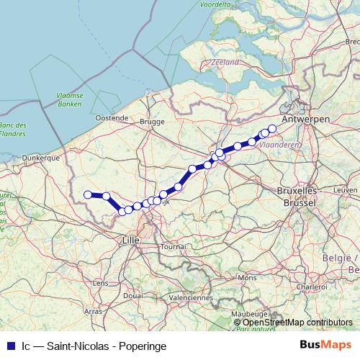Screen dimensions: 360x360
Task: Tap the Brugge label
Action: pos(153,122)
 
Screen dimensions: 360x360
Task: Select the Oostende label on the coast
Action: pos(112,117)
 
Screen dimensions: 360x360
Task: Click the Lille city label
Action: pos(131,239)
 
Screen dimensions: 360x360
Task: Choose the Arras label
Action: pos(93,311)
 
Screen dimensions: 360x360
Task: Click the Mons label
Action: pos(247,277)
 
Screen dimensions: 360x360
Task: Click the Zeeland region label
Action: pos(225,63)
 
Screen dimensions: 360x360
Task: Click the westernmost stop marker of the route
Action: pos(88,194)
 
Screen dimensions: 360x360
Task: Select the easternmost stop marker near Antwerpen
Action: pos(271,129)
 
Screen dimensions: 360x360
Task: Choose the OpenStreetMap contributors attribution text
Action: pos(297,322)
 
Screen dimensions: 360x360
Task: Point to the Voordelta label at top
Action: pos(215,4)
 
